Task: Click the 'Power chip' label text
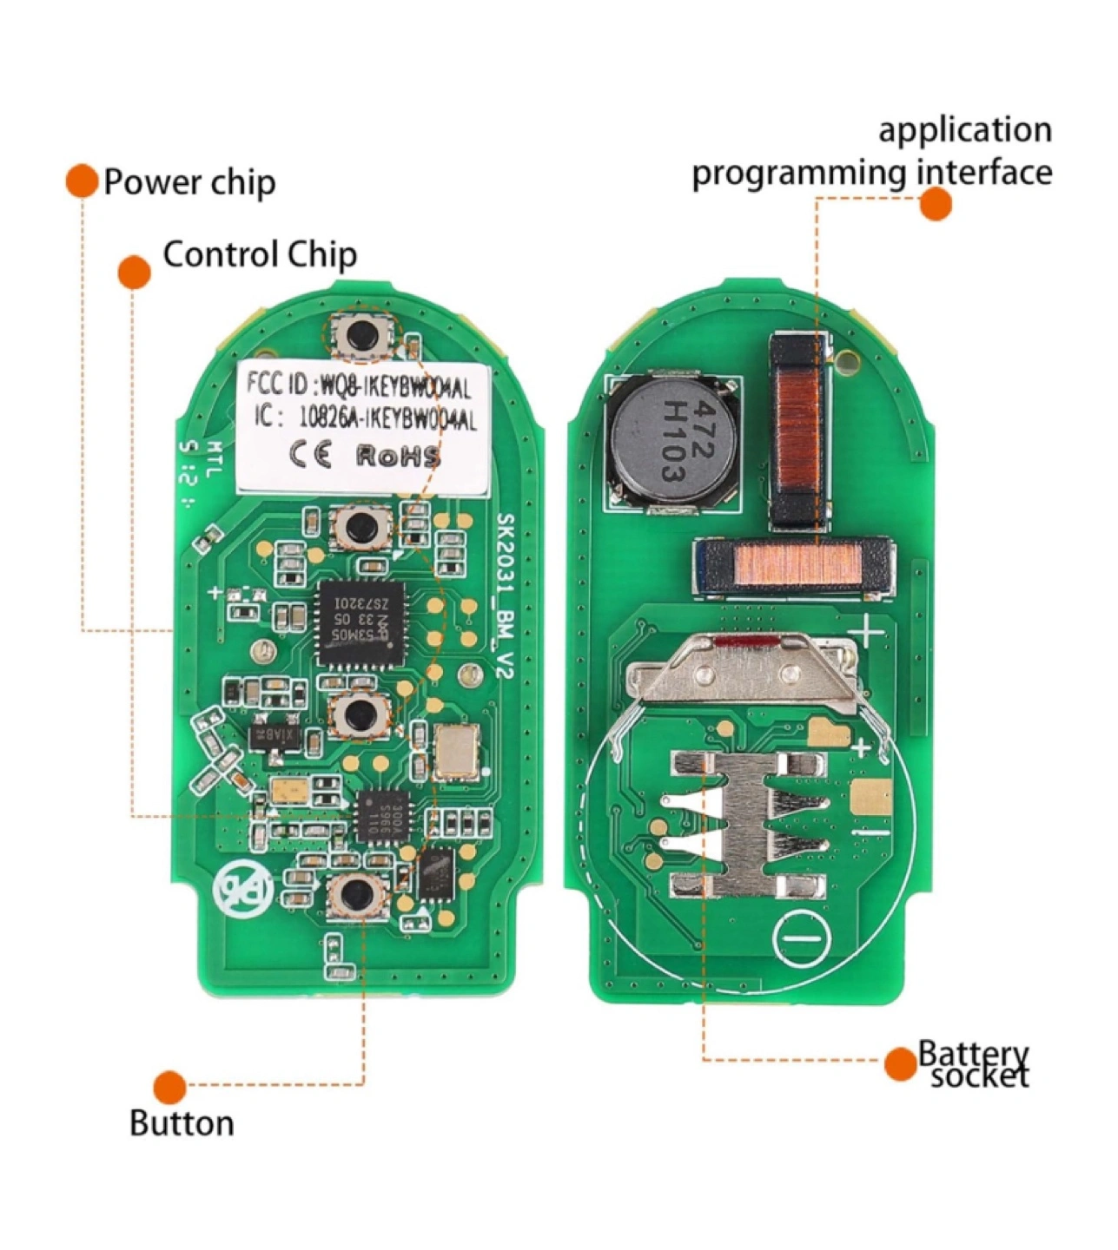(189, 182)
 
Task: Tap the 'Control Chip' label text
(260, 254)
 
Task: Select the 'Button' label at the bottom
(182, 1123)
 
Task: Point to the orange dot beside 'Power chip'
(82, 181)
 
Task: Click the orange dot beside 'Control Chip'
(134, 272)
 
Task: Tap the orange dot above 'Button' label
(169, 1087)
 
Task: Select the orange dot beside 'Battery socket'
(901, 1064)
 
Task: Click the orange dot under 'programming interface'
(936, 204)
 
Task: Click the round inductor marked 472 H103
(670, 441)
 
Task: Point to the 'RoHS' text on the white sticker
(398, 457)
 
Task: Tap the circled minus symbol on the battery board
(801, 938)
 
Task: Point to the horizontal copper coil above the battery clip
(792, 569)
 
